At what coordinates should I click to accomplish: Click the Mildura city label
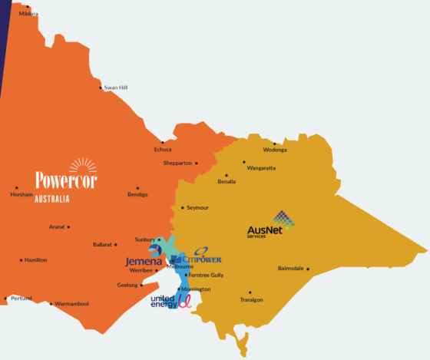tap(28, 14)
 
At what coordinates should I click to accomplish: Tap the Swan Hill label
tap(116, 88)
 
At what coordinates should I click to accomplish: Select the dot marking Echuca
tap(174, 142)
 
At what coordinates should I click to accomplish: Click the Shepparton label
tap(177, 163)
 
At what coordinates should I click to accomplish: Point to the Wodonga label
tap(274, 150)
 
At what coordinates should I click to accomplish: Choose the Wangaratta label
tap(260, 168)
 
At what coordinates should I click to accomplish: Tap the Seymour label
tap(197, 208)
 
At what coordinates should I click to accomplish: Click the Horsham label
tap(21, 195)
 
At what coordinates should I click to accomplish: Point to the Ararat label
tap(57, 227)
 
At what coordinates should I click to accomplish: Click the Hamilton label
tap(35, 260)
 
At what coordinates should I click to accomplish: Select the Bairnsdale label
tap(291, 269)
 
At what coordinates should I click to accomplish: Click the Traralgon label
tap(250, 299)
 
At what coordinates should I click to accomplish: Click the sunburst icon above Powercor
tap(82, 166)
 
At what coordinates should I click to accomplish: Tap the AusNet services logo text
tap(265, 230)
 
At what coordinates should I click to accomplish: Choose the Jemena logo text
tap(144, 261)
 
